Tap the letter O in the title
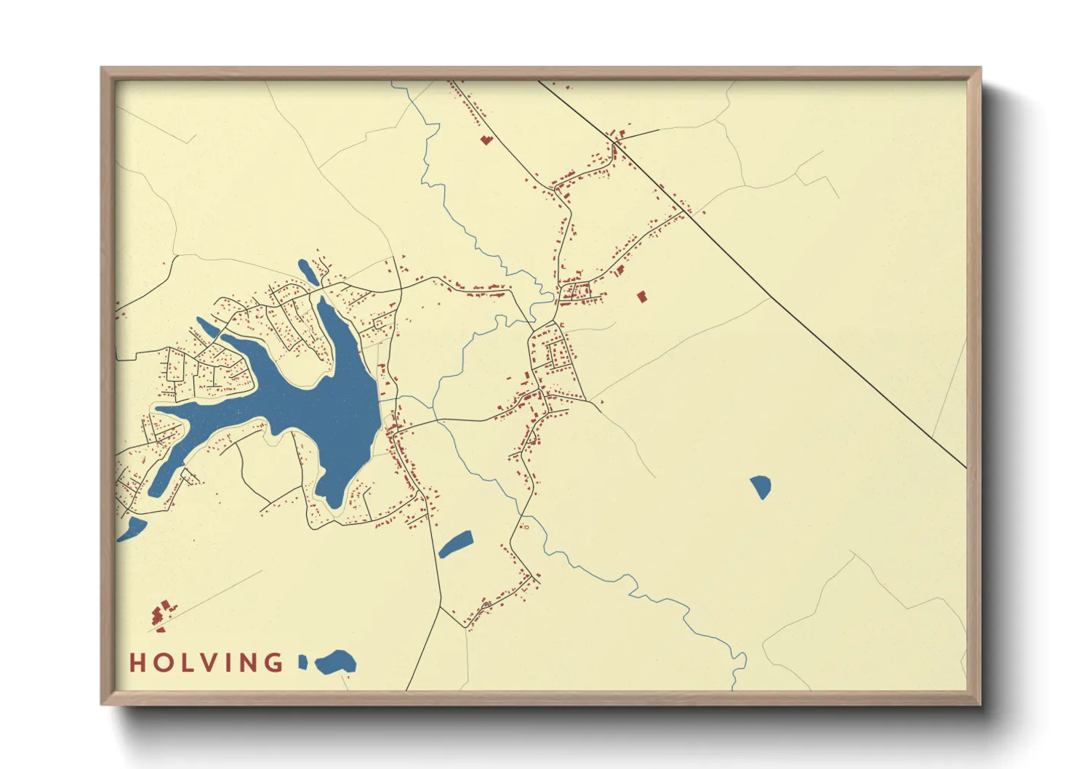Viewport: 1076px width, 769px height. pyautogui.click(x=164, y=663)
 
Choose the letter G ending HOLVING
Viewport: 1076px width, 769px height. pyautogui.click(x=275, y=663)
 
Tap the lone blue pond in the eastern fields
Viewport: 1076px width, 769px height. pyautogui.click(x=760, y=486)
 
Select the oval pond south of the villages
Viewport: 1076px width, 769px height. pyautogui.click(x=456, y=544)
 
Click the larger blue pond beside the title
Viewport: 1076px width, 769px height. pyautogui.click(x=337, y=661)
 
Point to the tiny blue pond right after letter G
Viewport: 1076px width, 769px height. pyautogui.click(x=303, y=661)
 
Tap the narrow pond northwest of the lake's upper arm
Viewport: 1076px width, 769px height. pyautogui.click(x=208, y=327)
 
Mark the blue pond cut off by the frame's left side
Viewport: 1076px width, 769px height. pyautogui.click(x=131, y=529)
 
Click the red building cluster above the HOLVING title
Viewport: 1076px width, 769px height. pyautogui.click(x=161, y=614)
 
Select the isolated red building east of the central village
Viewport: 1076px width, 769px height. pyautogui.click(x=641, y=297)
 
